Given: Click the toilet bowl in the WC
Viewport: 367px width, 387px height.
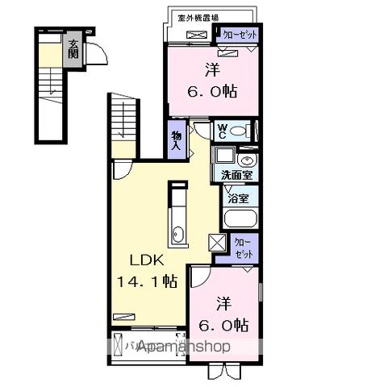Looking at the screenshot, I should tap(246, 130).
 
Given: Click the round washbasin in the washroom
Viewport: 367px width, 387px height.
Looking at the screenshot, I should tap(245, 159).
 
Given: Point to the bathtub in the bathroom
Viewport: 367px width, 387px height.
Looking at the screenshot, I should tap(239, 218).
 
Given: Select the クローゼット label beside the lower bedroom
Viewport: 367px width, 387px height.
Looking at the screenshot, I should tap(243, 247).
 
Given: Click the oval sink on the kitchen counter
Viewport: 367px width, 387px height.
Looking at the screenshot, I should tap(178, 235).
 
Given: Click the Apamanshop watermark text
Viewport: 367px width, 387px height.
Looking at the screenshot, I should tap(183, 346).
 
